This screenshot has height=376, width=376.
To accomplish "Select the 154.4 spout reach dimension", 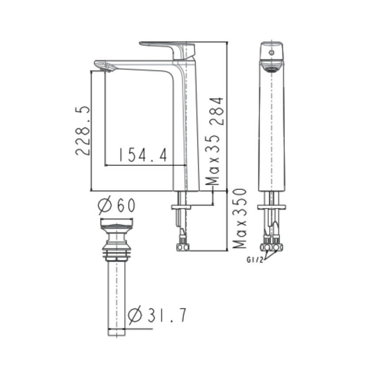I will (142, 155).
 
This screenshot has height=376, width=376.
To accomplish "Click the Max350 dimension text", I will (239, 219).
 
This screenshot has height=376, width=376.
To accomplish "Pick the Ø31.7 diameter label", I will (157, 315).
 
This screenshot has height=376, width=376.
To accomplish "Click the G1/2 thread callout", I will (255, 260).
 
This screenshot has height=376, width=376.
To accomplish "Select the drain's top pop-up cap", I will (117, 226).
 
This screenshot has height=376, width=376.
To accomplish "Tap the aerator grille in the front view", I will (272, 67).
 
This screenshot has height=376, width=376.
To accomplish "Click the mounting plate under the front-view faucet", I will (272, 207).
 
